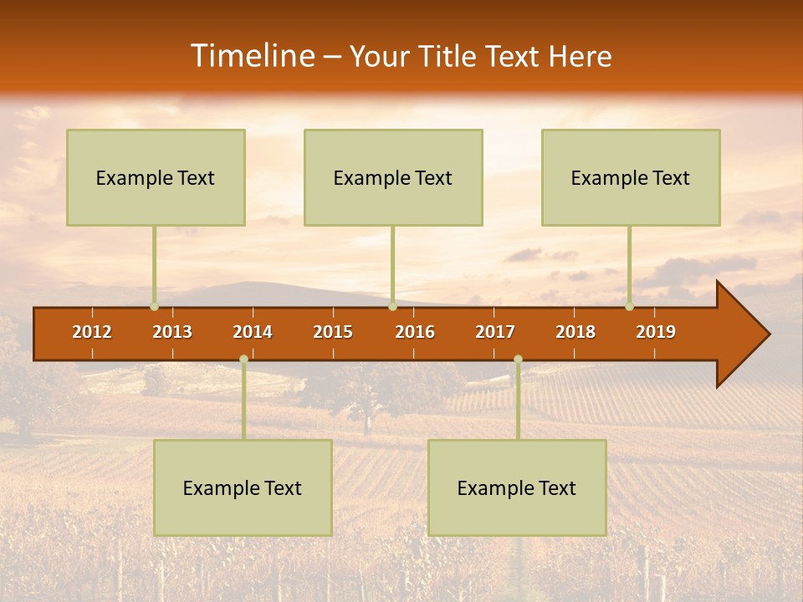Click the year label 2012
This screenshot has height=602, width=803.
pyautogui.click(x=92, y=332)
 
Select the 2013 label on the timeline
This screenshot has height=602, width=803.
pyautogui.click(x=172, y=332)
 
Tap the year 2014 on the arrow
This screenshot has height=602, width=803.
pyautogui.click(x=253, y=332)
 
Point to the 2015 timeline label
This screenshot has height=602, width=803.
pyautogui.click(x=333, y=332)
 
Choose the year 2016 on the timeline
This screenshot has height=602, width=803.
pyautogui.click(x=415, y=332)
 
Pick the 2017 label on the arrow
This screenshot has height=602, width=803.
pyautogui.click(x=495, y=332)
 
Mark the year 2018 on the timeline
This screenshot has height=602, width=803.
pyautogui.click(x=575, y=332)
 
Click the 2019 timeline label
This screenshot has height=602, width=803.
pyautogui.click(x=656, y=332)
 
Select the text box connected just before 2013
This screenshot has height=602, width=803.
pyautogui.click(x=156, y=177)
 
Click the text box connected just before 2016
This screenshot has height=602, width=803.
pyautogui.click(x=393, y=177)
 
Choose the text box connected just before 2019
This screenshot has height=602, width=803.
pyautogui.click(x=631, y=177)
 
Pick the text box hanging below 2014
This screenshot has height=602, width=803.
pyautogui.click(x=243, y=487)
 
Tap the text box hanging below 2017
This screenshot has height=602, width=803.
pyautogui.click(x=517, y=487)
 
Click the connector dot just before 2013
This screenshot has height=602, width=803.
pyautogui.click(x=154, y=307)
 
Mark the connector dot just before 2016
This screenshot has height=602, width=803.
pyautogui.click(x=392, y=307)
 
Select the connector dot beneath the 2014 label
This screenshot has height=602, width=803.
pyautogui.click(x=243, y=360)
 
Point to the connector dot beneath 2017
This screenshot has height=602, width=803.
pyautogui.click(x=518, y=360)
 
